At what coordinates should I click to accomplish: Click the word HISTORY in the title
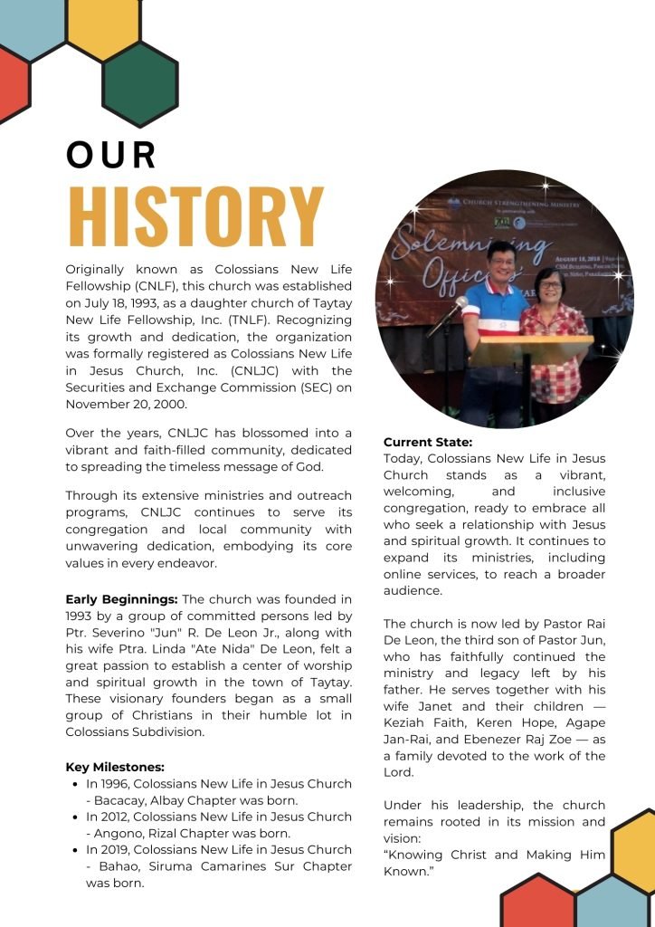click(195, 216)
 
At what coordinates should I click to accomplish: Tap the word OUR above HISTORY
click(111, 155)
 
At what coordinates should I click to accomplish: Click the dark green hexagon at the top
click(139, 82)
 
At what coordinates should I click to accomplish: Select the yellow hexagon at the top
click(102, 25)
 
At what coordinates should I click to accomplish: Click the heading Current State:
click(428, 442)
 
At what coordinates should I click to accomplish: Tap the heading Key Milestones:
click(115, 767)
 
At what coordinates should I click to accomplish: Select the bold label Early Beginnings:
click(121, 599)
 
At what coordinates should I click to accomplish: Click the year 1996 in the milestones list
click(119, 784)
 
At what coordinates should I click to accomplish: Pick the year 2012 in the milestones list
click(119, 817)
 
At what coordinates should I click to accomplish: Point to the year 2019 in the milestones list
click(119, 850)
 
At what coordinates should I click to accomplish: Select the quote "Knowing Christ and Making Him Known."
click(494, 864)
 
